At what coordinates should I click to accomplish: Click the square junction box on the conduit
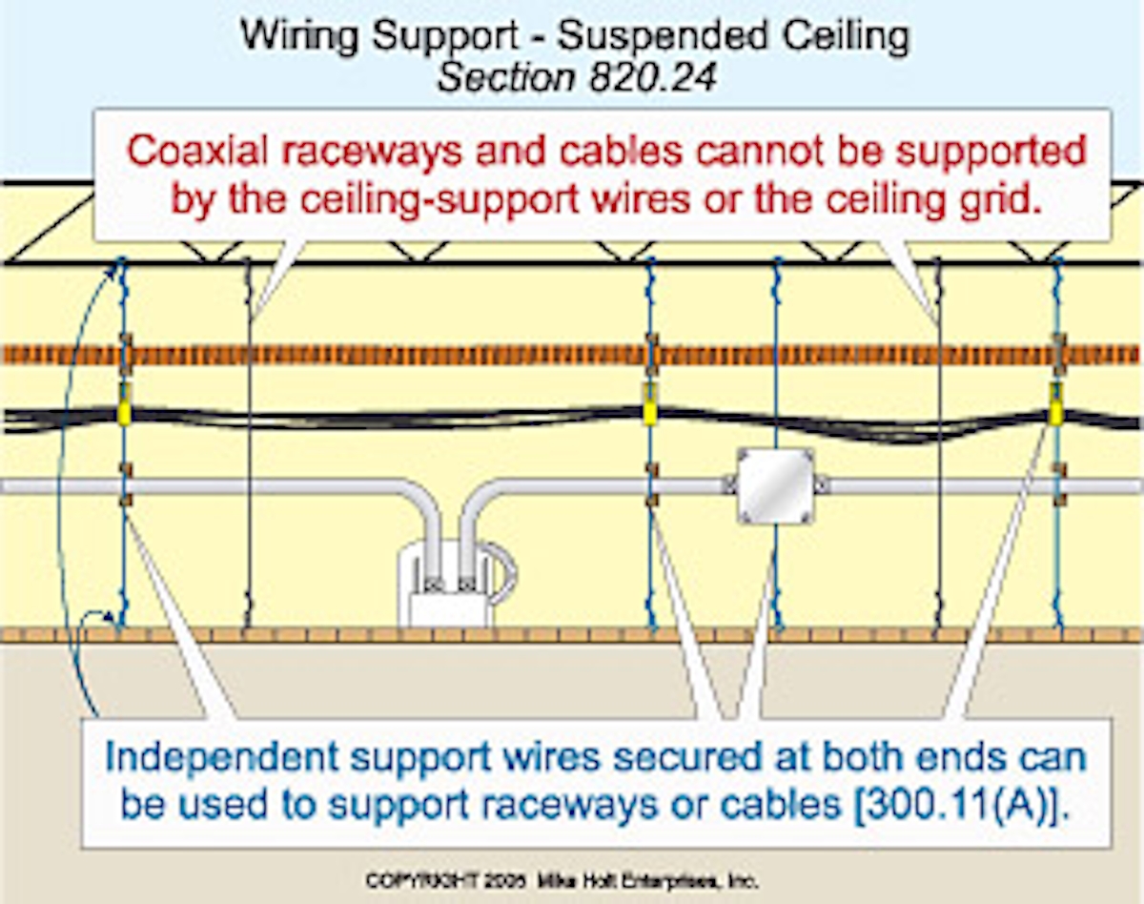pyautogui.click(x=775, y=486)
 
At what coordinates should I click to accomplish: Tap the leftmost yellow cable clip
pyautogui.click(x=123, y=404)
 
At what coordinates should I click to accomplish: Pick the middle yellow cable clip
pyautogui.click(x=649, y=404)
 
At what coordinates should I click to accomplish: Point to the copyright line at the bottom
pyautogui.click(x=562, y=881)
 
